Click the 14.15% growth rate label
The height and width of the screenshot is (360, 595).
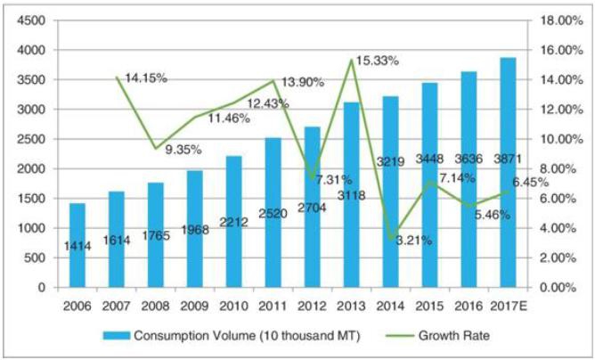(146, 78)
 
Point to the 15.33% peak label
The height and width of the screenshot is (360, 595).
(377, 61)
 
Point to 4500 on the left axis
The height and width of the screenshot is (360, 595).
(33, 20)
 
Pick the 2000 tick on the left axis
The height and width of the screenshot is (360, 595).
(33, 168)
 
